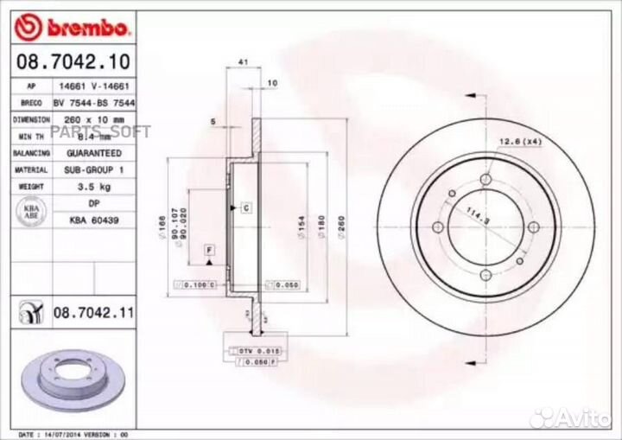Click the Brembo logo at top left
tap(73, 29)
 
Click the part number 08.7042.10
tap(74, 62)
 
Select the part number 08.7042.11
tap(94, 312)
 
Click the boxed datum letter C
tap(245, 208)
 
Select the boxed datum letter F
tap(208, 250)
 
